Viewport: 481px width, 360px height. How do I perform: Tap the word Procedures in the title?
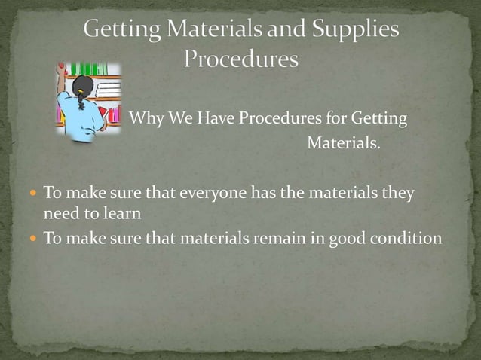(x=241, y=59)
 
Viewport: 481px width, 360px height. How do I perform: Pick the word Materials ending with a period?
(x=343, y=142)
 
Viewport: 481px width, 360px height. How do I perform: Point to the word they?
(x=398, y=194)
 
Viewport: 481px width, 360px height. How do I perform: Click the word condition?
(x=406, y=239)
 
